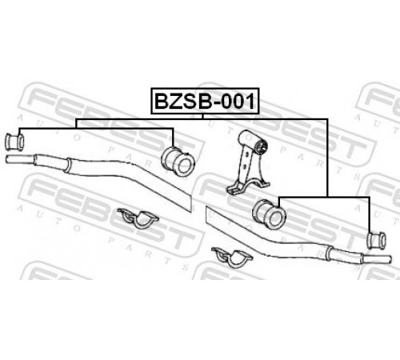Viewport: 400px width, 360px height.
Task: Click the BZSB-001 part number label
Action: coord(205,101)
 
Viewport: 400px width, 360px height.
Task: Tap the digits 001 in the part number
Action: coord(238,101)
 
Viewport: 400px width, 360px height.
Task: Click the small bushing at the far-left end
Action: coord(14,142)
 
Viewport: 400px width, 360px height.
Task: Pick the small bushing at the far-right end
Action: coord(377,241)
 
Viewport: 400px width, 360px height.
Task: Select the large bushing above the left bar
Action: coord(178,162)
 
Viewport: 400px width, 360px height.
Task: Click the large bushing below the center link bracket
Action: coord(269,214)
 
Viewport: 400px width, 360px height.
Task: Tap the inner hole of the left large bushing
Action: coord(184,166)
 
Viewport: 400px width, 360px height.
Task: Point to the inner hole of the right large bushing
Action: coord(274,218)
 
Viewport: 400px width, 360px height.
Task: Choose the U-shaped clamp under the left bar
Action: coord(138,218)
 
